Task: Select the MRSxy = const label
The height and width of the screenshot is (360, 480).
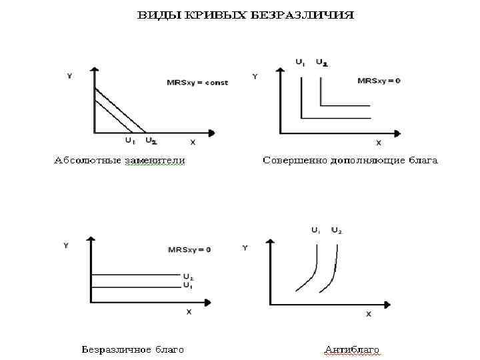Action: [x=197, y=83]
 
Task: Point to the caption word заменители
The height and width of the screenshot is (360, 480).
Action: [x=154, y=160]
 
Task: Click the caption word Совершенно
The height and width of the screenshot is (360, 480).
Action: [x=296, y=160]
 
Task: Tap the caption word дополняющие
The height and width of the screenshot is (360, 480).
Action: [x=367, y=160]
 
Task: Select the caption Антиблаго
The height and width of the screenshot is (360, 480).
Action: [x=351, y=349]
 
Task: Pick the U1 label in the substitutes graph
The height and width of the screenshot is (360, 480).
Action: [x=130, y=141]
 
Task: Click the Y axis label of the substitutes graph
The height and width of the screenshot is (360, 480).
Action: [x=69, y=76]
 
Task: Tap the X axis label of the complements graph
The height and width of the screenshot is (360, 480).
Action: [x=379, y=142]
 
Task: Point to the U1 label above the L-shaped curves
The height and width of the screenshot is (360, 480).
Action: [x=301, y=63]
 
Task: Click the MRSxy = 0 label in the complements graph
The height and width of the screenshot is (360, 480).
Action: [x=379, y=81]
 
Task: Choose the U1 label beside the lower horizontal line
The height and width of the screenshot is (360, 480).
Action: [x=188, y=285]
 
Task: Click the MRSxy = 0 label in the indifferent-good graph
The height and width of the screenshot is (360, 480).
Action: [x=189, y=250]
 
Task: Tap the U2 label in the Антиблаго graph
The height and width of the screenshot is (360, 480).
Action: [x=337, y=231]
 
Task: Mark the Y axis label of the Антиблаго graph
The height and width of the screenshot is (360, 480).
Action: [x=245, y=248]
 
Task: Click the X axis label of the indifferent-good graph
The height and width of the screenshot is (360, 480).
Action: [x=189, y=311]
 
